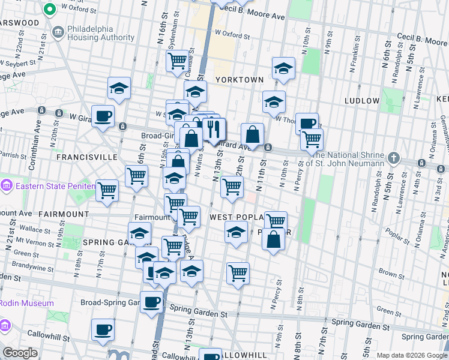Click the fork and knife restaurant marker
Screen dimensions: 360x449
[x=214, y=129]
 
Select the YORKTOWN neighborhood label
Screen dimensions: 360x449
[x=240, y=80]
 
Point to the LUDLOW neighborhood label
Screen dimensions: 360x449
[x=362, y=101]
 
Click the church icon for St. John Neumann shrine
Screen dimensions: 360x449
[x=393, y=159]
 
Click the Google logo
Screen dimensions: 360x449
[x=20, y=353]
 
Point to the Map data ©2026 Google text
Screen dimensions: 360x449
[x=412, y=355]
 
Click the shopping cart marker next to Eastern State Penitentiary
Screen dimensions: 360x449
[x=107, y=191]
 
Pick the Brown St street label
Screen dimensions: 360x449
[x=391, y=274]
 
